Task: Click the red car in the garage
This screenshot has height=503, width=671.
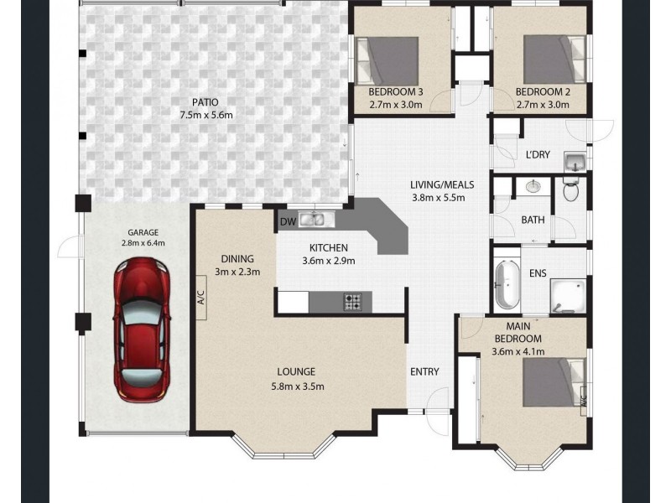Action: [x=141, y=329]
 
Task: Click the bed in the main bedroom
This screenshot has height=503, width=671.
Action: [x=554, y=381]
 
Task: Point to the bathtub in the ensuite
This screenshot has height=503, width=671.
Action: [x=507, y=285]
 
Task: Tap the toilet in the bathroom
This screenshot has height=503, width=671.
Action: [x=571, y=191]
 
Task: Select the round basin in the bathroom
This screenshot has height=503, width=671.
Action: [x=532, y=186]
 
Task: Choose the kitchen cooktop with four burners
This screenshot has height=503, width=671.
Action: [x=353, y=300]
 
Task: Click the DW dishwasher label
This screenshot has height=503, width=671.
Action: [x=287, y=221]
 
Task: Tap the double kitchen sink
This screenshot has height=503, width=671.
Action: [x=316, y=220]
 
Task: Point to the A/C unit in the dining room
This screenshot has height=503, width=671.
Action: [x=201, y=299]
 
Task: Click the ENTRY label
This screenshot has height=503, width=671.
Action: [x=424, y=371]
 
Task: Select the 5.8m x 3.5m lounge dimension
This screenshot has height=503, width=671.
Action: [x=297, y=386]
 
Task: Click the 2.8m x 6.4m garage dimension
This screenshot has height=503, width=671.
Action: [x=143, y=243]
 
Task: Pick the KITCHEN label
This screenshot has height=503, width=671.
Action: [x=328, y=248]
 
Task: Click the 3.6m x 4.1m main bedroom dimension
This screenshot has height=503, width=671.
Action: [x=518, y=350]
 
